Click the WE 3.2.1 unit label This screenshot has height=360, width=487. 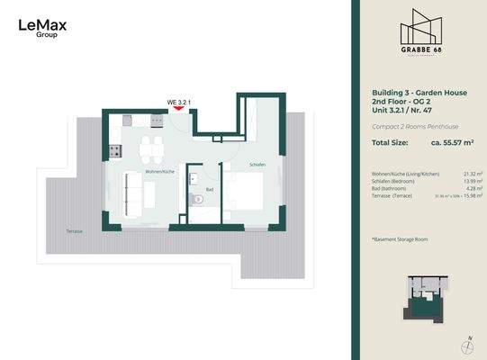coord(177,102)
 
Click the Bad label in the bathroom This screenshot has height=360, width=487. coord(208,189)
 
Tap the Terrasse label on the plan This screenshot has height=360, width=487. coord(74,231)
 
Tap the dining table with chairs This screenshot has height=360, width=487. coord(155,147)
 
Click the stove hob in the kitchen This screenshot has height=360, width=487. coord(114,148)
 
